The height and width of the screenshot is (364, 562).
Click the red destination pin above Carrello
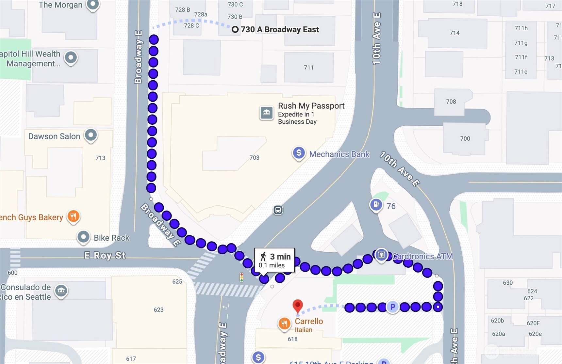pos(297,306)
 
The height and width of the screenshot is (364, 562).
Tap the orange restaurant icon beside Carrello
pos(284,324)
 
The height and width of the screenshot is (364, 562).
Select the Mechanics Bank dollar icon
pos(299,153)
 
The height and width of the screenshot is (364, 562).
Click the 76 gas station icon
pos(376,205)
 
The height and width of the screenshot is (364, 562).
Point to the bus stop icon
pos(278,210)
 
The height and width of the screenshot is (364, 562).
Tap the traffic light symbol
pos(241,277)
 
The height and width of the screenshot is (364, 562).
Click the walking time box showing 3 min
pos(274,260)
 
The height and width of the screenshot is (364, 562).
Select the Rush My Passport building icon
pos(267,113)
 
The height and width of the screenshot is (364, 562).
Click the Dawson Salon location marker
pos(91,135)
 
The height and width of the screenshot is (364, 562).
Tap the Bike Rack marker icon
pos(83,237)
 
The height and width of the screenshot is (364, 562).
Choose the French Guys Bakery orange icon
pos(74,216)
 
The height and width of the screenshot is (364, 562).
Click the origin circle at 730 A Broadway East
pos(235,30)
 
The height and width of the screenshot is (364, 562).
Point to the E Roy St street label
pos(105,255)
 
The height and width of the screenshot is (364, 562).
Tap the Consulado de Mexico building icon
pos(61,291)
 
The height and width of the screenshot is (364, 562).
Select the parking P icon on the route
pos(393,307)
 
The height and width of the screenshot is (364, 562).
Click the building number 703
pos(254,158)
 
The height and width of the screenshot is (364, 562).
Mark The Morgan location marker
pos(93,5)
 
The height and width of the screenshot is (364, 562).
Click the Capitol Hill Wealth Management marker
pos(71,58)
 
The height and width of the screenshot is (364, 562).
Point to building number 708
pos(451,102)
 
